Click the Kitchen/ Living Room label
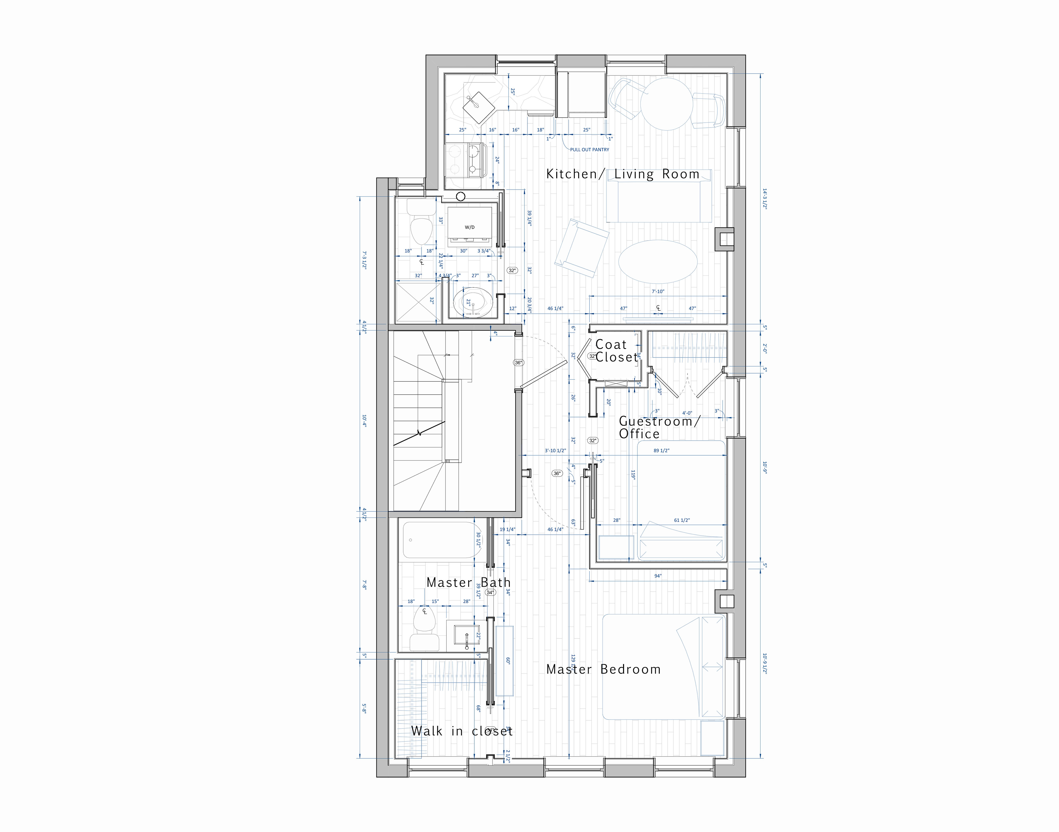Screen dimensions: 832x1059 (623, 174)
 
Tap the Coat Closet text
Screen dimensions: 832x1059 (616, 351)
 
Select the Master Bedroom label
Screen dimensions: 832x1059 (603, 669)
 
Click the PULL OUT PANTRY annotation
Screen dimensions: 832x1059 (590, 150)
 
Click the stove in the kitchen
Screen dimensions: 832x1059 (465, 159)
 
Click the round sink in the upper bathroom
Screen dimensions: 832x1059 (472, 303)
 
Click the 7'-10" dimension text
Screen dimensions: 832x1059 (658, 291)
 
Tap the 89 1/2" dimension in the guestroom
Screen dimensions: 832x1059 (661, 451)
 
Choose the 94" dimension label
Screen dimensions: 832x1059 (658, 576)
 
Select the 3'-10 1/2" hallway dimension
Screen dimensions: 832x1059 (555, 451)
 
